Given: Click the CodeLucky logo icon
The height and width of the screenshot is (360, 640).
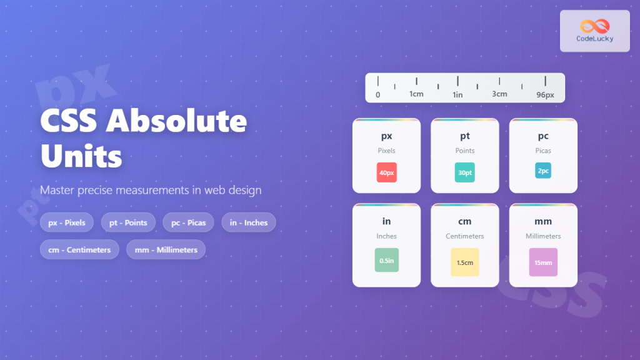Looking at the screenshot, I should pyautogui.click(x=594, y=26).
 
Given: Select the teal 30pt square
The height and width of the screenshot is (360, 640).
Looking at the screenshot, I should pyautogui.click(x=464, y=172).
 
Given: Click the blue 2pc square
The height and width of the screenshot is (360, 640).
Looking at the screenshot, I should pyautogui.click(x=542, y=171).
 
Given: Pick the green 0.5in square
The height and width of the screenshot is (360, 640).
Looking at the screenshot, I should pyautogui.click(x=386, y=260).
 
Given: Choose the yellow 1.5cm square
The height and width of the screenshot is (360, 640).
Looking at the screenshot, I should pyautogui.click(x=464, y=262).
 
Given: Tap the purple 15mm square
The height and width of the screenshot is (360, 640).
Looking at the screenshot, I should pyautogui.click(x=542, y=262).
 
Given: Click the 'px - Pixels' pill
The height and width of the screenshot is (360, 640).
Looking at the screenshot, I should pyautogui.click(x=67, y=222).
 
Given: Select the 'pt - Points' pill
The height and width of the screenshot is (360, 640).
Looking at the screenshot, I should pyautogui.click(x=128, y=222).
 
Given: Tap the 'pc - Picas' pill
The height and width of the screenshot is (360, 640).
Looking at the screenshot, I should pyautogui.click(x=188, y=222).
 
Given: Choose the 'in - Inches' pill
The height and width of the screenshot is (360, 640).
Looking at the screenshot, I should pyautogui.click(x=248, y=222).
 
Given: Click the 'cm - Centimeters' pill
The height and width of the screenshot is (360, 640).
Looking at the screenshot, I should pyautogui.click(x=79, y=249).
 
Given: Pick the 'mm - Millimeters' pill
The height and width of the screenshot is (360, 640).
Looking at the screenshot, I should pyautogui.click(x=166, y=249).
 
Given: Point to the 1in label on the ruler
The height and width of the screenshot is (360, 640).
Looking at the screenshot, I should pyautogui.click(x=457, y=94).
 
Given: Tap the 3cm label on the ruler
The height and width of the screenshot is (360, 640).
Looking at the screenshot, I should pyautogui.click(x=499, y=94).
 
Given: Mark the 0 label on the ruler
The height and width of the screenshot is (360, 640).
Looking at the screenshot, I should pyautogui.click(x=377, y=95).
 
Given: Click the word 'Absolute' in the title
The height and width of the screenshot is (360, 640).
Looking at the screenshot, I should pyautogui.click(x=176, y=121).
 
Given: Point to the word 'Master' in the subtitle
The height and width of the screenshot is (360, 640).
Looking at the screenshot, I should pyautogui.click(x=57, y=189).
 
